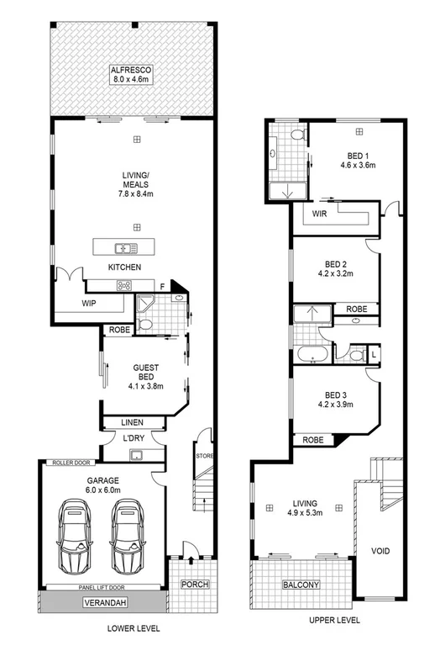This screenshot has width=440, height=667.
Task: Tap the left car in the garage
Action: pyautogui.click(x=74, y=533)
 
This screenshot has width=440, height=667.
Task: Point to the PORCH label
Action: pyautogui.click(x=194, y=585)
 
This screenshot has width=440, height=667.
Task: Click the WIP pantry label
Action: pyautogui.click(x=90, y=303)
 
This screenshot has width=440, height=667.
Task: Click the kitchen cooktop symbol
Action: pyautogui.click(x=127, y=284)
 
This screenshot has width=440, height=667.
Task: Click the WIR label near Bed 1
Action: pyautogui.click(x=318, y=214)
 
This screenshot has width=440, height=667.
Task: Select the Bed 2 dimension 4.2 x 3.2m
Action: pyautogui.click(x=334, y=273)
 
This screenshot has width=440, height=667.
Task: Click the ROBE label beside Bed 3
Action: pyautogui.click(x=314, y=439)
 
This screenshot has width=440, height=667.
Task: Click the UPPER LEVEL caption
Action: pyautogui.click(x=334, y=621)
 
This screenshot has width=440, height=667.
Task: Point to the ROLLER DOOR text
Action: pyautogui.click(x=71, y=463)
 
